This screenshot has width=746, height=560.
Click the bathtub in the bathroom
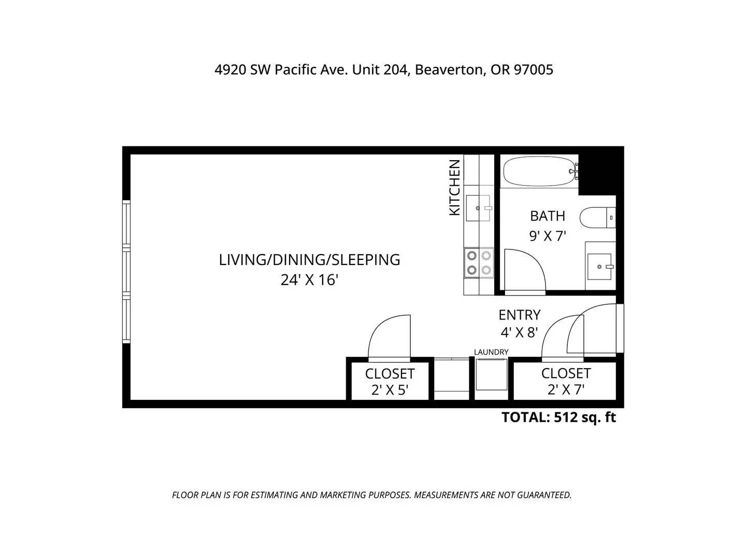[540, 171]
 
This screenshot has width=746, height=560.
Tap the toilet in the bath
[597, 217]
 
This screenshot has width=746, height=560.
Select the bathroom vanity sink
[599, 267]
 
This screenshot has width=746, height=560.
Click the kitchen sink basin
[478, 208]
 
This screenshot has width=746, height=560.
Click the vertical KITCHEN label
[454, 188]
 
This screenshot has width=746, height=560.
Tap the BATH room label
[547, 216]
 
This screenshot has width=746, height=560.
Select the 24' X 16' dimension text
[309, 280]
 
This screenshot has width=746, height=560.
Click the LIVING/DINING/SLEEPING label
[309, 260]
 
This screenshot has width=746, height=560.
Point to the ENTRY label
[519, 315]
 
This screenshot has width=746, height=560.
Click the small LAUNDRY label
[491, 352]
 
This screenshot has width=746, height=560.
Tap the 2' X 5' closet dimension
[390, 390]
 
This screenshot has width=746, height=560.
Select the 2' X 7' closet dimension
[566, 389]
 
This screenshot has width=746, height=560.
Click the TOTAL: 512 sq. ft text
[558, 417]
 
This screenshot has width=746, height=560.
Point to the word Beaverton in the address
[449, 69]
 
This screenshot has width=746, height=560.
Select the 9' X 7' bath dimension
[547, 235]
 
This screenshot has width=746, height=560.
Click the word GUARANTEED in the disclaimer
[544, 495]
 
